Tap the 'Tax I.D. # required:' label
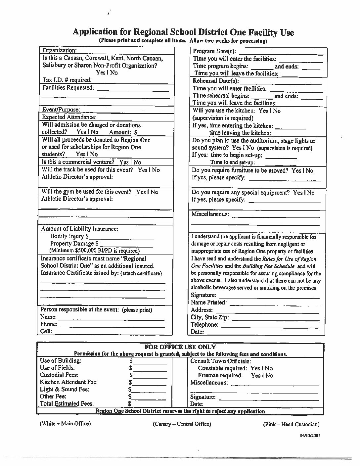coord(67,80)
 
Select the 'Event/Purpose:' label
coord(61,110)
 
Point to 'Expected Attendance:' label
coord(69,117)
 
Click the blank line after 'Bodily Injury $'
coord(121,237)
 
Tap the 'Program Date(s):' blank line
coord(281,52)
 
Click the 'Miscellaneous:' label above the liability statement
coord(210,214)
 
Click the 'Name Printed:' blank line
coord(274,303)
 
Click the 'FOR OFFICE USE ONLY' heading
coord(180,347)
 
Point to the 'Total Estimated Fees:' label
coord(67,404)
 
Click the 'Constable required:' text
coord(222,368)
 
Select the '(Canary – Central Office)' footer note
coord(182,424)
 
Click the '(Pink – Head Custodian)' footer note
coord(291,425)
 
